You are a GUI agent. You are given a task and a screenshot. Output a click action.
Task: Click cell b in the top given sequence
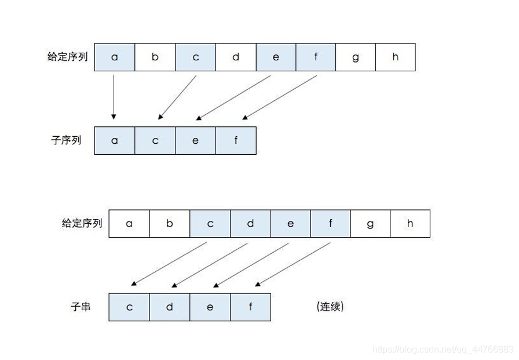(x=155, y=57)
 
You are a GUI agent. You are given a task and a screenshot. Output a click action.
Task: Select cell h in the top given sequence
(x=395, y=57)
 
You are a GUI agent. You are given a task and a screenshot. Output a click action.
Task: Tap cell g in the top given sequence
(x=355, y=57)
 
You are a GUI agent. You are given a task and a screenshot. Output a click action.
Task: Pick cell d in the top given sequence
(x=236, y=57)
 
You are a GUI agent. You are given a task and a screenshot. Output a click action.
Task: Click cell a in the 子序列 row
(x=115, y=140)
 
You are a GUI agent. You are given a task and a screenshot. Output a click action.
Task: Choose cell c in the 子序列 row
(x=155, y=140)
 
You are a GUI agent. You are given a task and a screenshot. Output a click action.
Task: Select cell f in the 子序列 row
(x=236, y=140)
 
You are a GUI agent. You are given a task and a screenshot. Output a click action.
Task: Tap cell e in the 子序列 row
(x=195, y=140)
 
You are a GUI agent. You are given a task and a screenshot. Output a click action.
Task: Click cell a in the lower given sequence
(x=129, y=223)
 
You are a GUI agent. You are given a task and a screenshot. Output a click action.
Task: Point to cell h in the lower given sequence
(x=410, y=223)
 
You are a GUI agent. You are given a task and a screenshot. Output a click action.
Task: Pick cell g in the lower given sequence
(x=370, y=223)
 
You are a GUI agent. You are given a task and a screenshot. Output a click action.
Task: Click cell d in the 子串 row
(x=170, y=307)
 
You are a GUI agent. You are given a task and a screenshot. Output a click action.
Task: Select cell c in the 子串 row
(x=129, y=307)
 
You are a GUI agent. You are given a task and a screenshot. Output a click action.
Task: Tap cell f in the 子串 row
(x=250, y=307)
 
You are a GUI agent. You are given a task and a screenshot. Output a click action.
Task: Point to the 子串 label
(x=81, y=307)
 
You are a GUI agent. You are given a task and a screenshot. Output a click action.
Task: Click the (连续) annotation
(x=330, y=307)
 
